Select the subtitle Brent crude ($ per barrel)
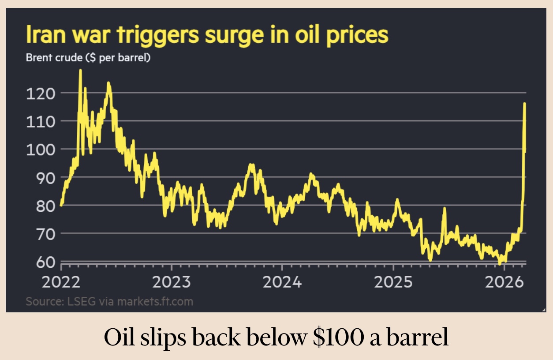(x=88, y=58)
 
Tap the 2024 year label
(x=282, y=281)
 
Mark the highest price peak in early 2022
(x=80, y=71)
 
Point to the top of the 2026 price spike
(x=524, y=104)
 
